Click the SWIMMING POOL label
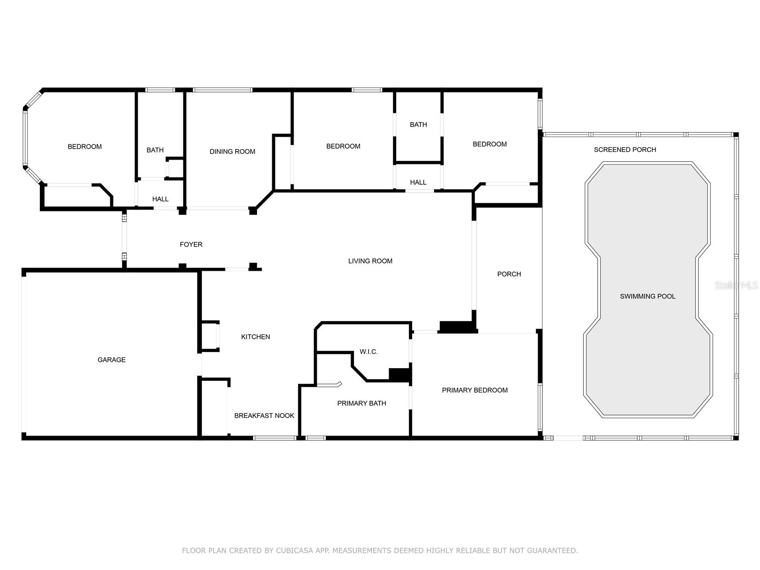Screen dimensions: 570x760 (647, 296)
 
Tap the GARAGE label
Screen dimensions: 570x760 (112, 360)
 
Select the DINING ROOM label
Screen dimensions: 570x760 (232, 152)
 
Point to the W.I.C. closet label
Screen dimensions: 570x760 (369, 352)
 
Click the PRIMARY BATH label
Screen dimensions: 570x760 (361, 403)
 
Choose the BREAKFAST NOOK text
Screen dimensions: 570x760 (264, 416)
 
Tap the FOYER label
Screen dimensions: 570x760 (191, 245)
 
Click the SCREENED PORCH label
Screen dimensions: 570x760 (625, 150)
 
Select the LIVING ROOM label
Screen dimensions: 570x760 (370, 261)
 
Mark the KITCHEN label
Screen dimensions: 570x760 (256, 337)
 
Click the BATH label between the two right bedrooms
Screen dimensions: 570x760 (418, 124)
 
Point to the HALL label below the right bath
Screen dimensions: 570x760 (418, 182)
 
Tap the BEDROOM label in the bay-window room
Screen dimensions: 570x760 (85, 147)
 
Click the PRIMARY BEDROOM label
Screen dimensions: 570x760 (475, 390)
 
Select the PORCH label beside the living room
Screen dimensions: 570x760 (509, 274)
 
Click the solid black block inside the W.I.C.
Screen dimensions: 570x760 (399, 374)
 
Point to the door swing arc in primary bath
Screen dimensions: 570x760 (329, 385)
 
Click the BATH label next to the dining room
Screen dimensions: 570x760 (155, 150)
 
